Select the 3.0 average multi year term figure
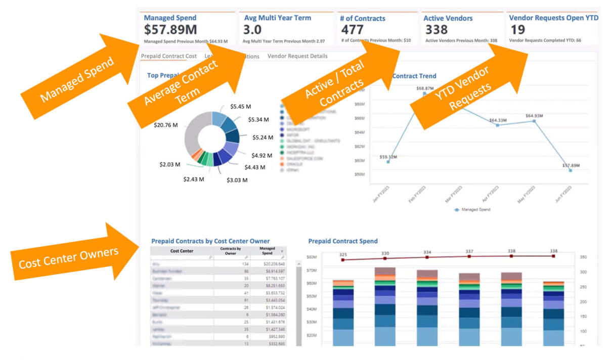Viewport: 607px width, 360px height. point(252,30)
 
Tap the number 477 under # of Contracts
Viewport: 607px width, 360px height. point(352,30)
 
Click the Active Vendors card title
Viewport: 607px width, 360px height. point(448,18)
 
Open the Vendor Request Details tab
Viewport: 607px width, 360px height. point(297,56)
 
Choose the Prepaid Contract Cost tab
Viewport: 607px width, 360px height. point(169,56)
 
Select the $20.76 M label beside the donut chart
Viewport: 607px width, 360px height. point(166,124)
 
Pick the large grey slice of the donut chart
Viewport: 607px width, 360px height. point(194,134)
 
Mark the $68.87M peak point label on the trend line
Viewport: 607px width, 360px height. point(425,88)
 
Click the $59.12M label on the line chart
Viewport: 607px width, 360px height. point(388,157)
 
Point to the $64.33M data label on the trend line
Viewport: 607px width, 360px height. point(498,120)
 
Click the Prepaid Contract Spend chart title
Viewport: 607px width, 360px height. point(342,241)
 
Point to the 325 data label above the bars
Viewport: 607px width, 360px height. point(343,254)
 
